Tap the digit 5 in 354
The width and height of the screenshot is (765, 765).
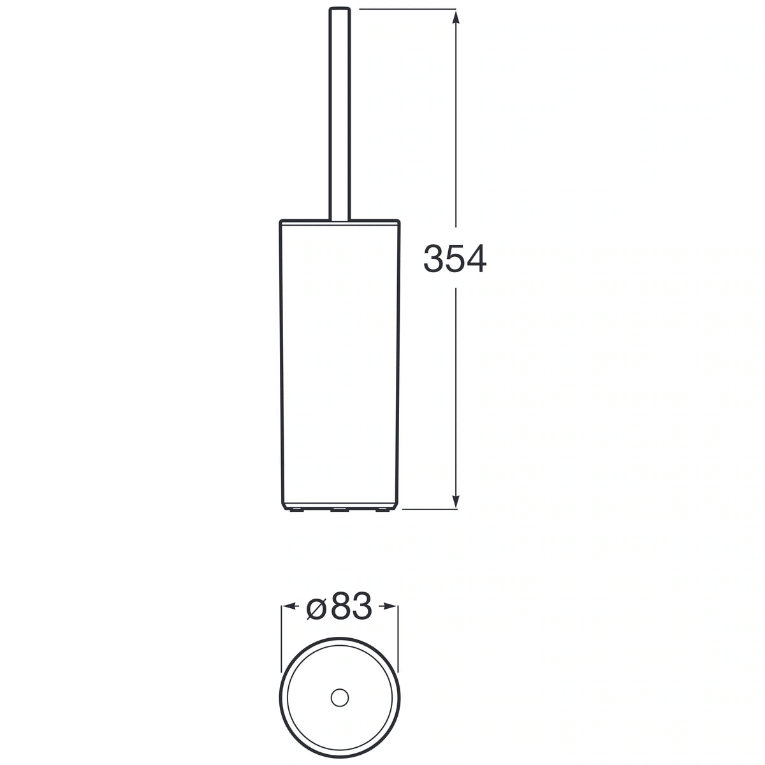point(455,258)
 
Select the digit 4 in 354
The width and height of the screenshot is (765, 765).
point(476,258)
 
